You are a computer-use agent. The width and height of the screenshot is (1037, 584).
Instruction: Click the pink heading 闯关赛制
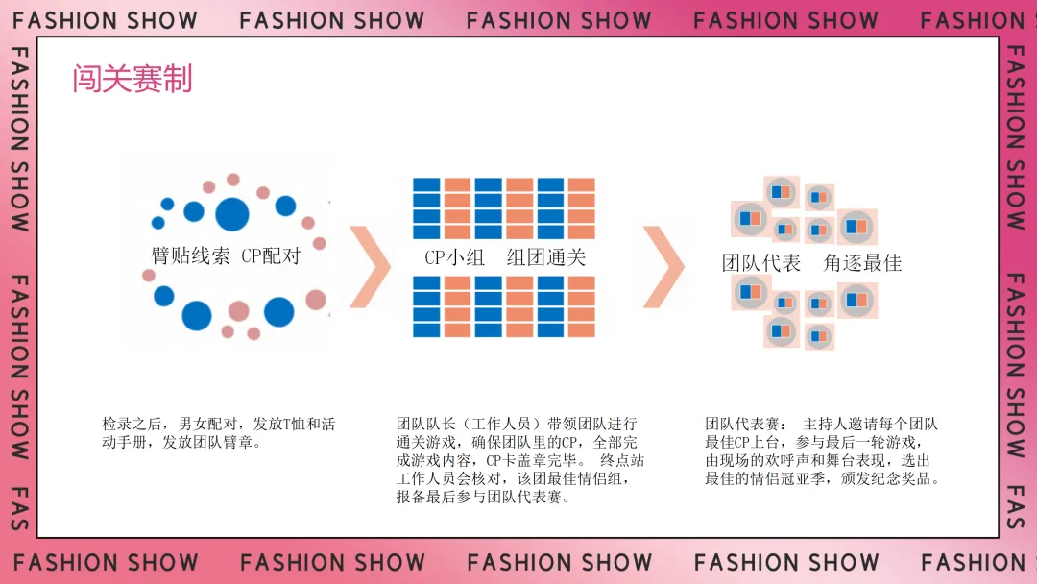133,79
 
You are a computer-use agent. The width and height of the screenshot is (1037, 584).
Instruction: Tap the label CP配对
271,256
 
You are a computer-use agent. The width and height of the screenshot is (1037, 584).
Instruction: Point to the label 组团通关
546,257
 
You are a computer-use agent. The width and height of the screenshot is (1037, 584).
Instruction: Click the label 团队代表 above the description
761,263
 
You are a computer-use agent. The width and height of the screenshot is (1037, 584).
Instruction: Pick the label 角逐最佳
862,263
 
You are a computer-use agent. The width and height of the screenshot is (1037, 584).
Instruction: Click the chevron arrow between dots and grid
370,267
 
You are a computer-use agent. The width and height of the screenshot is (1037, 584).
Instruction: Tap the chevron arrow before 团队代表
663,267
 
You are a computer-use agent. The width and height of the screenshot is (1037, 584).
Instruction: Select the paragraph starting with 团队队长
518,460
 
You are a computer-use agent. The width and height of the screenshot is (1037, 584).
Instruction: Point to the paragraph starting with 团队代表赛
823,450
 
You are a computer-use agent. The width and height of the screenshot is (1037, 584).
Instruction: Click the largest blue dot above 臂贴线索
231,215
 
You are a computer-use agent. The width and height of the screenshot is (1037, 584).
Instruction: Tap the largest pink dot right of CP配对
316,300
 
